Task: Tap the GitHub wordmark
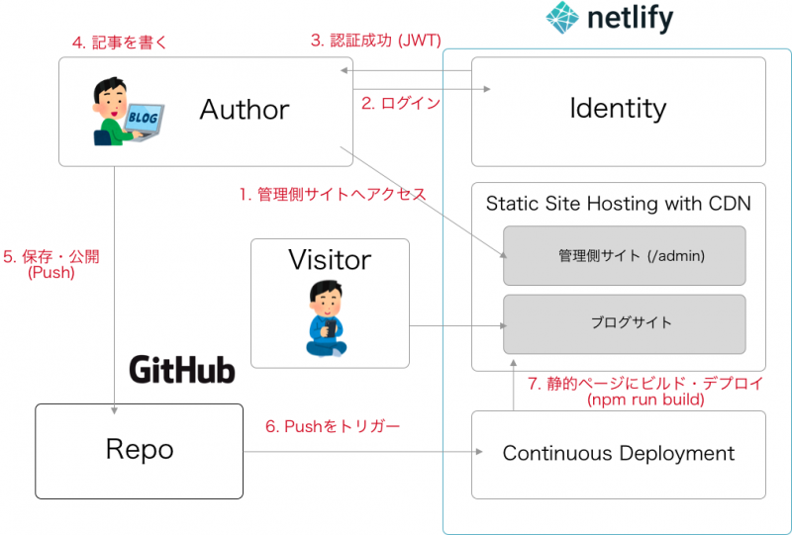click(x=182, y=371)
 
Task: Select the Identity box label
click(x=618, y=108)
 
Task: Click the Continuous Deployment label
click(x=619, y=454)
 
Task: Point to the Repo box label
click(x=140, y=450)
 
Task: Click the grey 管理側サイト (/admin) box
click(x=624, y=256)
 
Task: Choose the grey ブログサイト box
click(x=624, y=323)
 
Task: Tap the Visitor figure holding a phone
click(x=326, y=319)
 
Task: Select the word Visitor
click(x=330, y=260)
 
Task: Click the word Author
click(x=245, y=109)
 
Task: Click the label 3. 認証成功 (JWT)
click(x=375, y=41)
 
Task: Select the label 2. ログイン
click(x=400, y=103)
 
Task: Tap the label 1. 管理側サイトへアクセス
click(x=331, y=195)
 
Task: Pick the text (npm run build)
click(x=644, y=401)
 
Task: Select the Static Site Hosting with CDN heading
click(x=618, y=204)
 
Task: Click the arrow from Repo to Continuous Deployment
click(x=356, y=454)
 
